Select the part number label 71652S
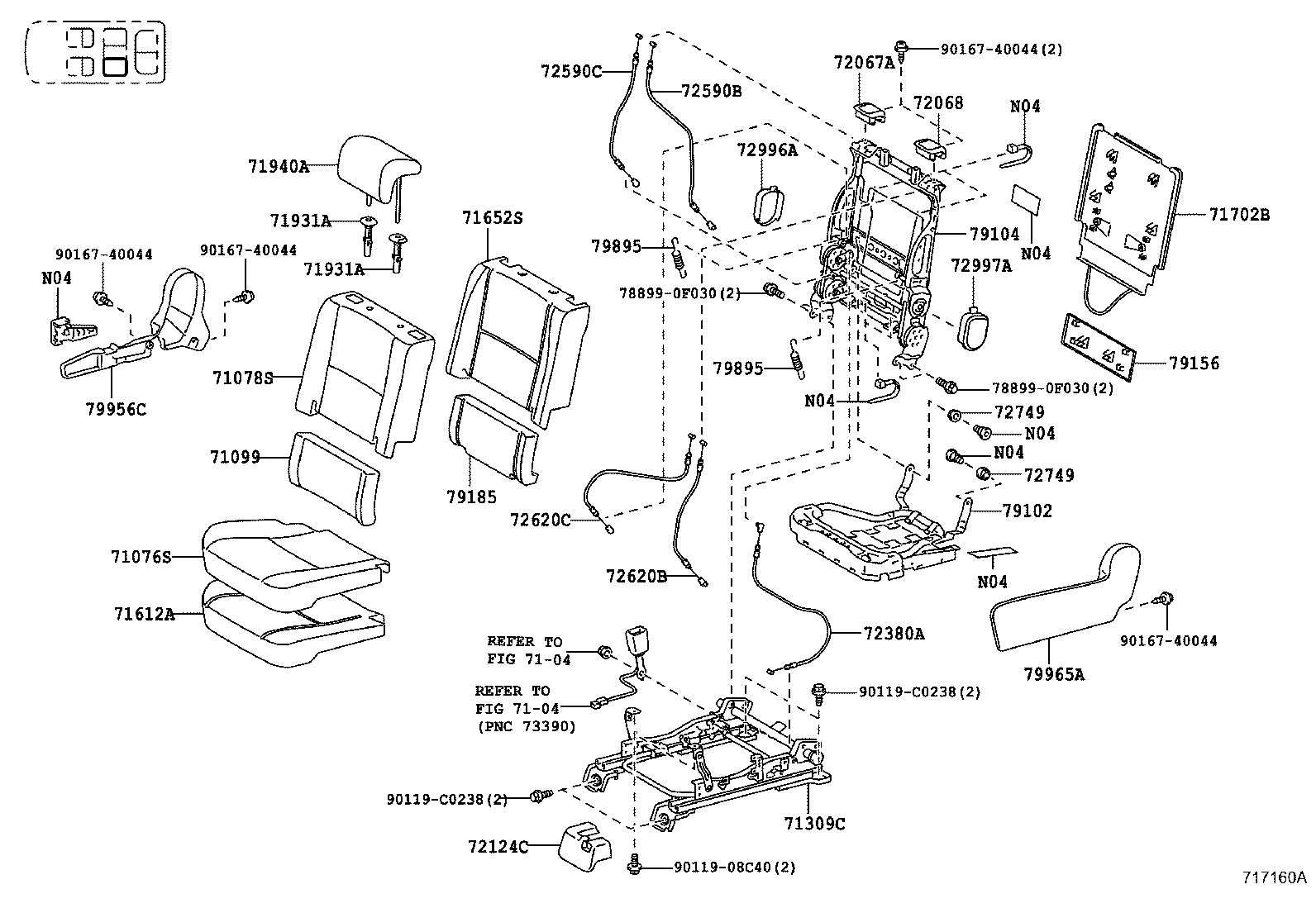[493, 218]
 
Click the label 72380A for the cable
[894, 634]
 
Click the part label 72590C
[572, 71]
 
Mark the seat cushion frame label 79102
[1028, 511]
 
